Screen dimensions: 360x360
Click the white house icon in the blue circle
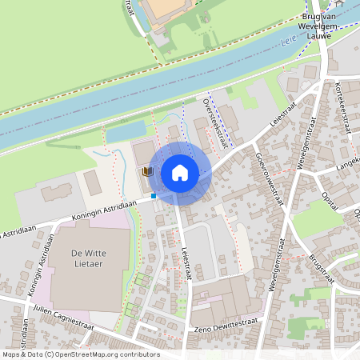(180, 172)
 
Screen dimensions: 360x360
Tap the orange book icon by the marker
(147, 171)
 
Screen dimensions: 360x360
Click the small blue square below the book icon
(153, 194)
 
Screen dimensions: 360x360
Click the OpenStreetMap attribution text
(80, 354)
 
